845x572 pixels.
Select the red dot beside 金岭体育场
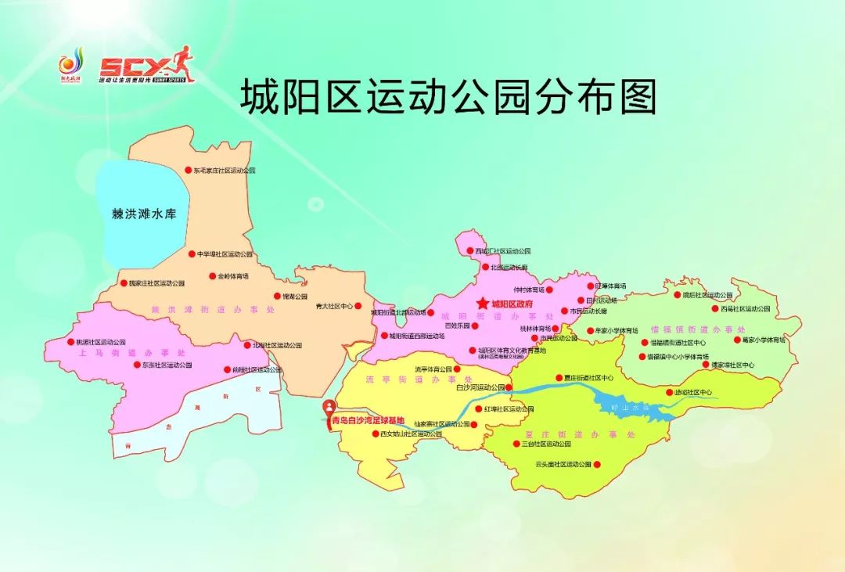212,276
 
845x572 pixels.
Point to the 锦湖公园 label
295,297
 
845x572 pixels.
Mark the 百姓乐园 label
456,326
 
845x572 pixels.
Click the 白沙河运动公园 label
478,387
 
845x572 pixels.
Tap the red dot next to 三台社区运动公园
517,444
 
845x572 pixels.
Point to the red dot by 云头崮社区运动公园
597,465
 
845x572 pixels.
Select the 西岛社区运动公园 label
746,309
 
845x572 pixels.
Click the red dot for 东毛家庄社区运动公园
188,170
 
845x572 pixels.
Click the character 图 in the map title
635,97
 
